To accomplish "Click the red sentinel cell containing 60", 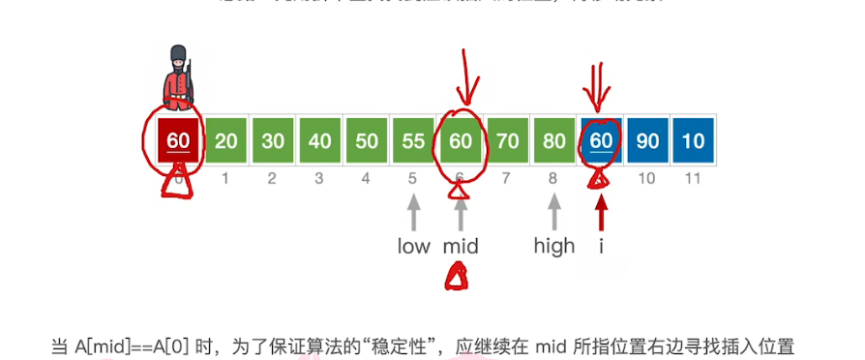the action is click(x=178, y=140).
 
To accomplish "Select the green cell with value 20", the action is click(x=226, y=140).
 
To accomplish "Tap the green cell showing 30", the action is click(x=273, y=140).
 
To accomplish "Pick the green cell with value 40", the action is click(x=320, y=140).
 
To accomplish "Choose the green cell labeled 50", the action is click(x=367, y=140).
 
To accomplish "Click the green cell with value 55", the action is click(x=414, y=140).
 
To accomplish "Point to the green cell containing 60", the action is click(x=461, y=140).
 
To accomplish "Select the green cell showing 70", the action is click(x=507, y=140).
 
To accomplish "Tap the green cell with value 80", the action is click(x=554, y=140).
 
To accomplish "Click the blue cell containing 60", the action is click(x=601, y=140).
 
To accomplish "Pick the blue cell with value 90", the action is click(x=648, y=140).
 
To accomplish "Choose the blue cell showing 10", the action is click(x=695, y=140).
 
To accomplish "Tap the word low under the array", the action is click(x=413, y=246).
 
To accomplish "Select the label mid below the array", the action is click(x=461, y=246).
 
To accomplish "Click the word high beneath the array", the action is click(x=554, y=246).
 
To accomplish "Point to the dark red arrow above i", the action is click(x=602, y=213).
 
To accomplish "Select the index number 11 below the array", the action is click(x=695, y=178).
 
